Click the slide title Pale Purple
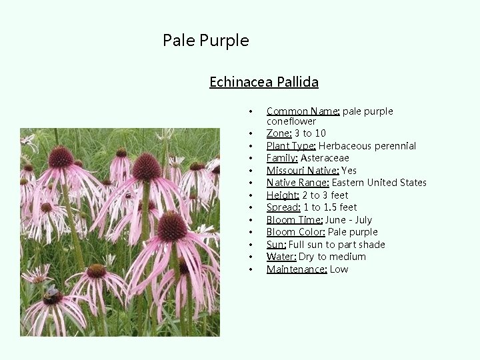(x=205, y=41)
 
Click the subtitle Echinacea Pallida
(x=263, y=82)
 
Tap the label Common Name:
(x=303, y=111)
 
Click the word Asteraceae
(x=325, y=158)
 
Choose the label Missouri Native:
(x=302, y=171)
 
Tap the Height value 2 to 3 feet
(x=325, y=195)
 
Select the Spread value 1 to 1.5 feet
(x=330, y=207)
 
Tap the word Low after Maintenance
(x=339, y=269)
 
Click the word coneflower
(x=291, y=121)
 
